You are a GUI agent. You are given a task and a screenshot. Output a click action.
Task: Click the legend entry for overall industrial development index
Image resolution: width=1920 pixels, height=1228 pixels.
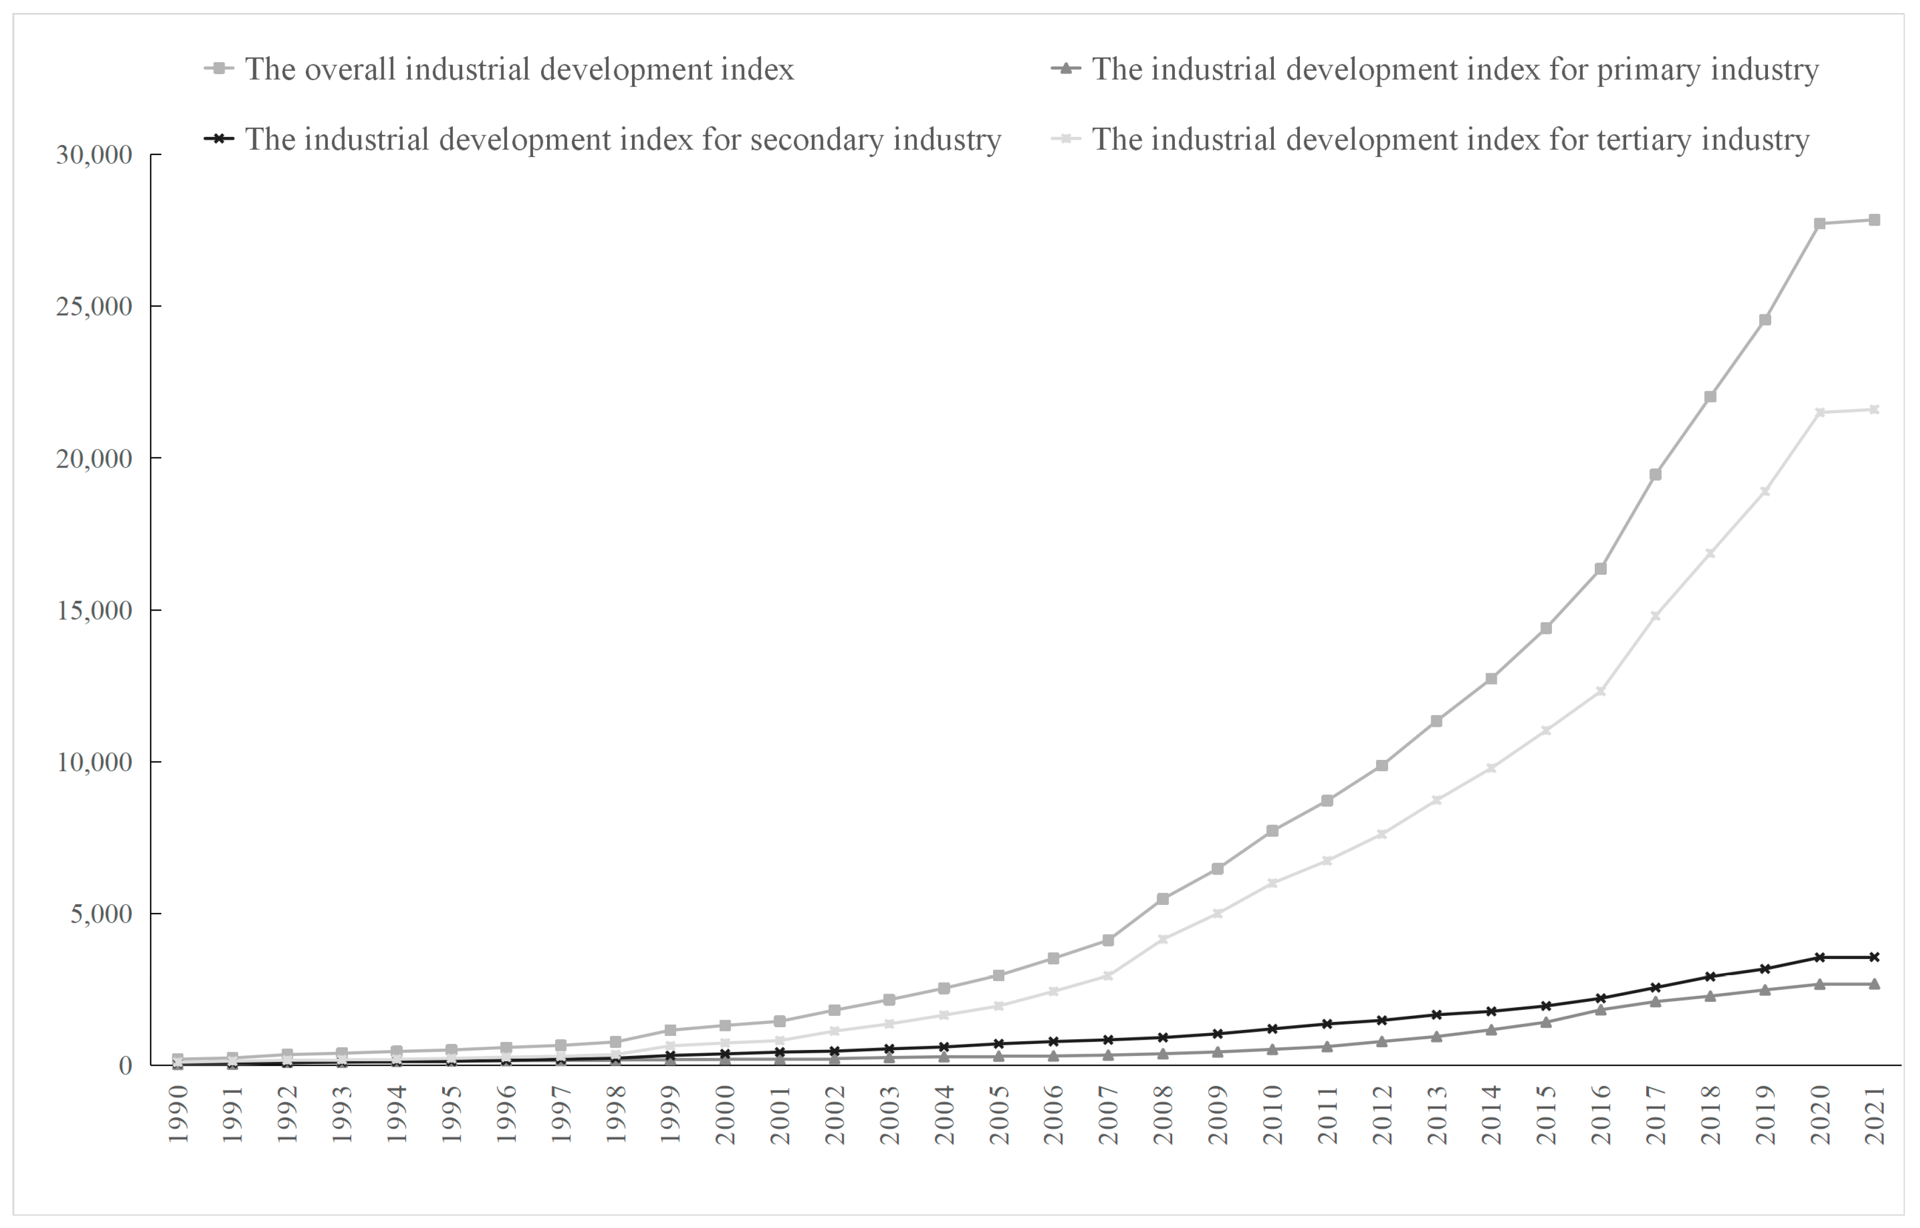click(518, 69)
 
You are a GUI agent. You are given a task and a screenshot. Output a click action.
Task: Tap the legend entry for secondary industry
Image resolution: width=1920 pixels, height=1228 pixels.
click(622, 140)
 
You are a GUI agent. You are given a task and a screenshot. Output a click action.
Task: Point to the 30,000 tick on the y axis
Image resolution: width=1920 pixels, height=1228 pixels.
click(94, 155)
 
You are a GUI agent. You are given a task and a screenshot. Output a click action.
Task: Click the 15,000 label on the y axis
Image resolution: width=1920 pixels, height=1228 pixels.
click(94, 611)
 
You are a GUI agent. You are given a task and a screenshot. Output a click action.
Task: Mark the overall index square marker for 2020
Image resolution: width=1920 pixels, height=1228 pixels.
click(1819, 224)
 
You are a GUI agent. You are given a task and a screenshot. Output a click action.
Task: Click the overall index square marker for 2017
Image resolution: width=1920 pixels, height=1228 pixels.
click(1655, 475)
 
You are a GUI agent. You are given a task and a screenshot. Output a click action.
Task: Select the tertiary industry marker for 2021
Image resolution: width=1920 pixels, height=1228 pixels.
click(1875, 410)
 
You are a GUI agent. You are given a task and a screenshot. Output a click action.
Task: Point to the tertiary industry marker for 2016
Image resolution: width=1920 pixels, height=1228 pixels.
click(1600, 691)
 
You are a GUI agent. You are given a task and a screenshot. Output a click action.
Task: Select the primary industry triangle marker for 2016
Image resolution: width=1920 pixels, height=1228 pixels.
click(1600, 1009)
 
